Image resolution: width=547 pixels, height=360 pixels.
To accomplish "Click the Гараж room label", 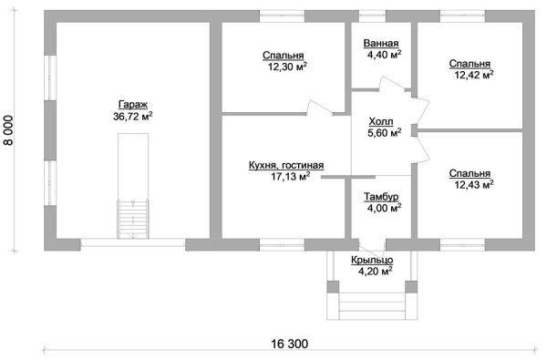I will pyautogui.click(x=132, y=104).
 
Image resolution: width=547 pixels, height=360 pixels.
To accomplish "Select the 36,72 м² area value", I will pyautogui.click(x=132, y=116).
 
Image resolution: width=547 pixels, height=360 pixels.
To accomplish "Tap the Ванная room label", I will pyautogui.click(x=379, y=43).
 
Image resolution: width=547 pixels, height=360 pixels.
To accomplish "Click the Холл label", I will pyautogui.click(x=381, y=120).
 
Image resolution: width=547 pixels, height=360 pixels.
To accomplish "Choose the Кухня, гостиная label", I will pyautogui.click(x=285, y=165).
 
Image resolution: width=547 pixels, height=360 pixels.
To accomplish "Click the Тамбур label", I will pyautogui.click(x=379, y=197).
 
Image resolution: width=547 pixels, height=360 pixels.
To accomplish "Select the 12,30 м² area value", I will pyautogui.click(x=285, y=67).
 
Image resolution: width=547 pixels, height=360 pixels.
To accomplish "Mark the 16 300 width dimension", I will pyautogui.click(x=289, y=344).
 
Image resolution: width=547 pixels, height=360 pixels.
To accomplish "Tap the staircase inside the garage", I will pyautogui.click(x=131, y=219).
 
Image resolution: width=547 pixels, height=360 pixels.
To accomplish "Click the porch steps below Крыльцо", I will pyautogui.click(x=372, y=302).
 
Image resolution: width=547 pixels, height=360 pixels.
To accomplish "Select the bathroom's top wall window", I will pyautogui.click(x=372, y=15).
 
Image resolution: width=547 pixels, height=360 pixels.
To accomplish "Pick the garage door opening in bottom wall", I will pyautogui.click(x=132, y=243).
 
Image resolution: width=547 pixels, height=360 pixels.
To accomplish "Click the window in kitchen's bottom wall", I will pyautogui.click(x=281, y=243).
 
